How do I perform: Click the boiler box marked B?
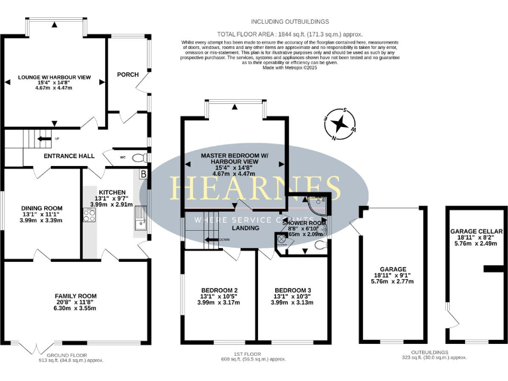pyautogui.click(x=144, y=174)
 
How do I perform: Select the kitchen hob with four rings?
pyautogui.click(x=89, y=216)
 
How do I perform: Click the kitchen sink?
pyautogui.click(x=140, y=221)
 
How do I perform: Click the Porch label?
pyautogui.click(x=128, y=75)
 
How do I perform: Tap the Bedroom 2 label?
pyautogui.click(x=219, y=290)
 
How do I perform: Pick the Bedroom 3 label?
pyautogui.click(x=292, y=290)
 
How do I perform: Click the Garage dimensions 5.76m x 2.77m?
pyautogui.click(x=392, y=281)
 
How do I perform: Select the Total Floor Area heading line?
pyautogui.click(x=290, y=34)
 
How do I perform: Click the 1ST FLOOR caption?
pyautogui.click(x=254, y=355)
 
